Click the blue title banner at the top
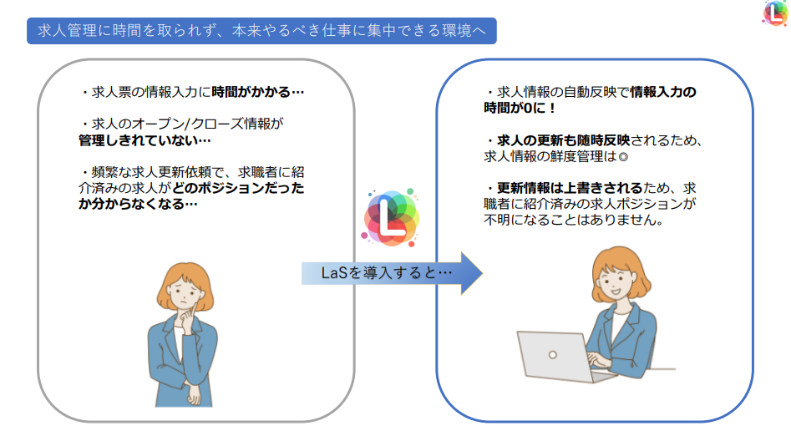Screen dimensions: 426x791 [261, 31]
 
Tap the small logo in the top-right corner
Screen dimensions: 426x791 [776, 13]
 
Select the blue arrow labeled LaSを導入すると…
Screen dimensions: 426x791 [392, 273]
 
